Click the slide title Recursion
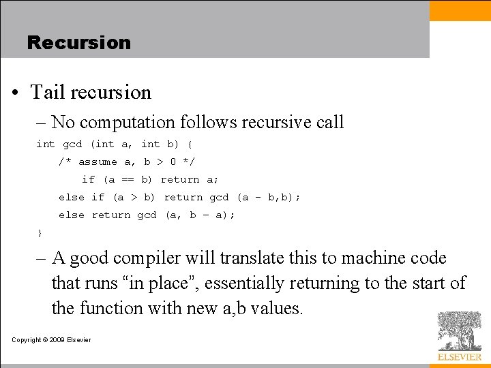coord(78,42)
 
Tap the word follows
coord(203,123)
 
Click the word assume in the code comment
coord(98,162)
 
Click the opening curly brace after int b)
coord(190,144)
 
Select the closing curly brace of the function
coord(40,234)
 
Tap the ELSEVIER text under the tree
coord(459,357)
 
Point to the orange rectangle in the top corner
coord(460,10)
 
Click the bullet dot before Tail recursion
coord(16,93)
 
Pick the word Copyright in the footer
coord(27,340)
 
